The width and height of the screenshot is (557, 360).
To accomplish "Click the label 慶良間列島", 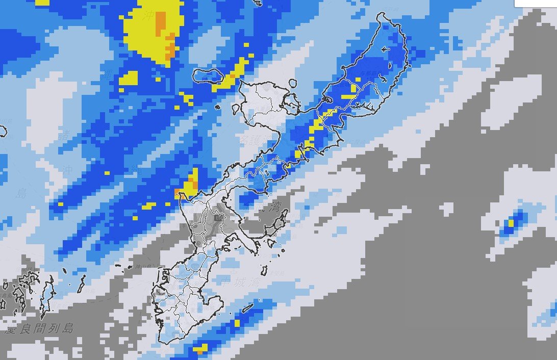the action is click(39, 328).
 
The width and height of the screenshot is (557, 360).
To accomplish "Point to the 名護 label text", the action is click(250, 139).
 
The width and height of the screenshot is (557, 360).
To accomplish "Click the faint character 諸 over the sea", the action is click(65, 136).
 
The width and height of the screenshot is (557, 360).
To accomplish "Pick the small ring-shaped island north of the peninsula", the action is click(292, 83).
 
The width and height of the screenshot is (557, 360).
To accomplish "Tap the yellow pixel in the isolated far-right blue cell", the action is click(511, 223).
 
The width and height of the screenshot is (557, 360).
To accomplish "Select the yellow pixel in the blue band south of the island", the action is click(237, 323).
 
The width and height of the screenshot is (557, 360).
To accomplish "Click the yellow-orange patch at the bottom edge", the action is click(200, 350).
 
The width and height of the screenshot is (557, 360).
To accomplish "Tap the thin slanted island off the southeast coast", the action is click(247, 308).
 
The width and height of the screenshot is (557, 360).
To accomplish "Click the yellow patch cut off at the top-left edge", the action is click(42, 2).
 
